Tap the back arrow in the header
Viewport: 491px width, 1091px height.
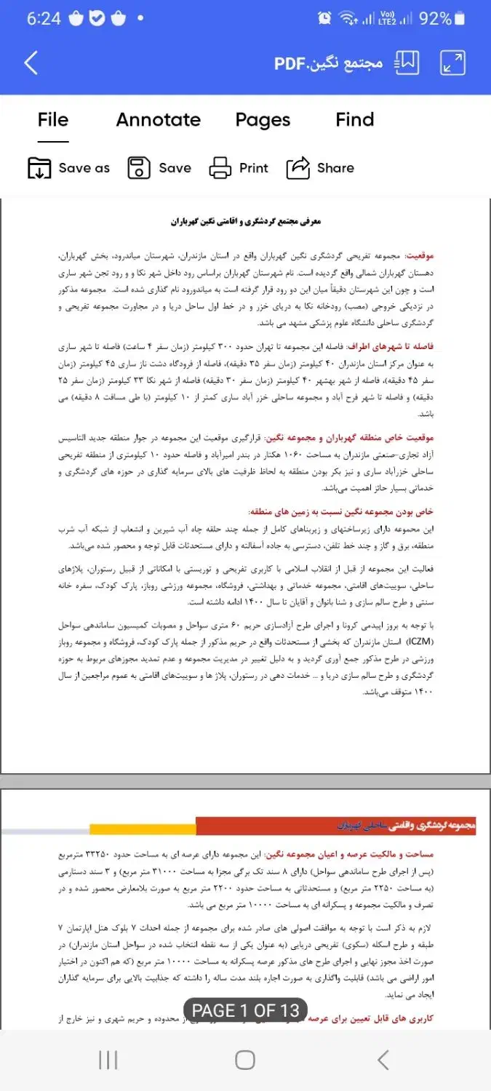(31, 63)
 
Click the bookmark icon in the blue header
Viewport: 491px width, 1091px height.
(407, 63)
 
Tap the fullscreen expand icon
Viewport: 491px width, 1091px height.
(453, 63)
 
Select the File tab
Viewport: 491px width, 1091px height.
(53, 120)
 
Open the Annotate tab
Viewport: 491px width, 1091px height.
(159, 120)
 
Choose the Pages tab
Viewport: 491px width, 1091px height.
(263, 120)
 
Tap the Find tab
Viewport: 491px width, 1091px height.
(355, 120)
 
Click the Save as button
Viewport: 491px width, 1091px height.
(68, 168)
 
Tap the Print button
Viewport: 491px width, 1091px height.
(239, 168)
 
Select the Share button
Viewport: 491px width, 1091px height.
(320, 168)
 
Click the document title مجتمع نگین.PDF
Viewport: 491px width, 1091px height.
(328, 63)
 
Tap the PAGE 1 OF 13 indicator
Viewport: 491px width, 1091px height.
(245, 1010)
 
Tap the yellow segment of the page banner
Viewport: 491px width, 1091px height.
(143, 828)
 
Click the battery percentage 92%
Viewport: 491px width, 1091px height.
(435, 18)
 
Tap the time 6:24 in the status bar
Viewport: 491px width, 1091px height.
(44, 19)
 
